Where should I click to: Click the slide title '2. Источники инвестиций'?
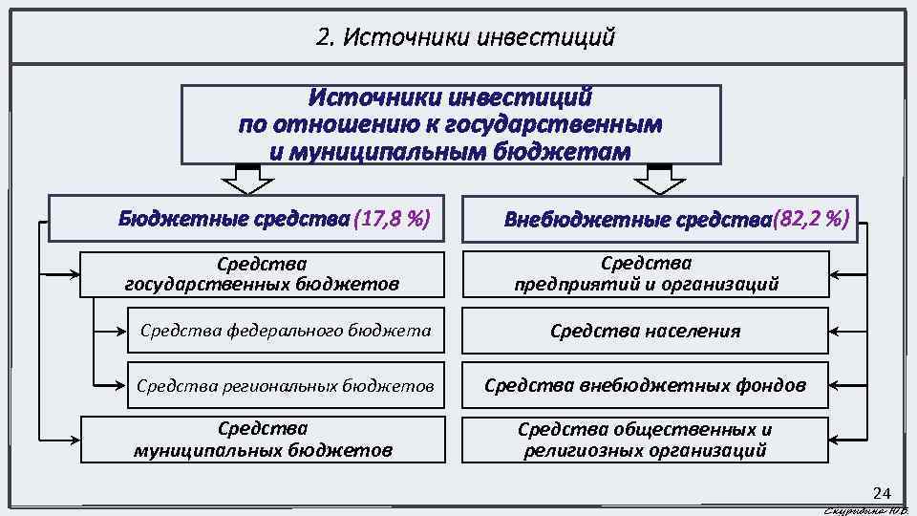coord(464,38)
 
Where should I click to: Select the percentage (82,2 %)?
coord(811,219)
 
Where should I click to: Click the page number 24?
coord(881,493)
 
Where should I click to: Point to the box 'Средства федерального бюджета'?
coord(285,331)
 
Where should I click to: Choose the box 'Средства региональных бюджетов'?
coord(285,385)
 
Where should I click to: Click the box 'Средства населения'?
coord(645,331)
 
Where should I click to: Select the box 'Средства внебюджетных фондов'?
coord(645,385)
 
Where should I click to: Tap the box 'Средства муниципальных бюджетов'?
coord(263,440)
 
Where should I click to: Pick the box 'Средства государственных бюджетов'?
coord(263,274)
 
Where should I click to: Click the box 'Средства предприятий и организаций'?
coord(645,274)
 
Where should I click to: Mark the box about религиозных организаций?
coord(645,440)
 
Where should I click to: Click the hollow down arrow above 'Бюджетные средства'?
coord(247,179)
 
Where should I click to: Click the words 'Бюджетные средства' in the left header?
coord(233,220)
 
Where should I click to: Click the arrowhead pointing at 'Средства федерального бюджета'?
coord(121,331)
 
